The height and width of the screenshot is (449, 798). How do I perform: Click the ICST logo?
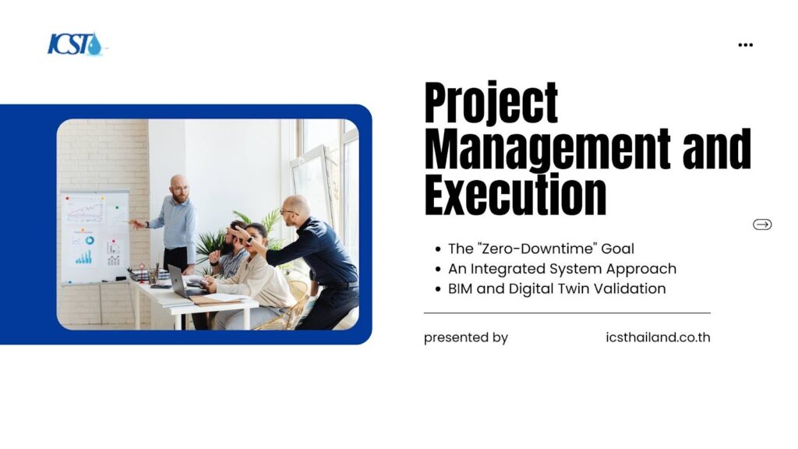(x=76, y=44)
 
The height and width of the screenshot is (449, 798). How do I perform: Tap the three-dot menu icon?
(x=745, y=44)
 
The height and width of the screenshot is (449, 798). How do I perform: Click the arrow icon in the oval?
(x=762, y=224)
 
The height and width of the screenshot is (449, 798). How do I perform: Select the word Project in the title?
(x=491, y=104)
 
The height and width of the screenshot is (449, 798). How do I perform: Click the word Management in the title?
(x=547, y=149)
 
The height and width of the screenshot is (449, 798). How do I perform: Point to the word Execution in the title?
(x=515, y=194)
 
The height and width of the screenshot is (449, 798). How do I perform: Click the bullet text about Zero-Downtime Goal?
(x=541, y=249)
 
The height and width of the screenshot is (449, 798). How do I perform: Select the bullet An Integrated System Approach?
(x=563, y=269)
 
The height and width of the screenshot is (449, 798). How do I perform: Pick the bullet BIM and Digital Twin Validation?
(x=556, y=288)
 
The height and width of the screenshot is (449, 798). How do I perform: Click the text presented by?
(x=466, y=338)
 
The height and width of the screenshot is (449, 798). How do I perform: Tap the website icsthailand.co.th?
(x=658, y=337)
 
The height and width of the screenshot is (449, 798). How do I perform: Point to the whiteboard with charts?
(x=94, y=237)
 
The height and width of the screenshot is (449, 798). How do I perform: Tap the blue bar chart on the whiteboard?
(x=84, y=257)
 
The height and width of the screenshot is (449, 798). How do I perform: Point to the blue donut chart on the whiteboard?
(x=90, y=240)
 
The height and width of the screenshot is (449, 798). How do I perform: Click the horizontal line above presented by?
(x=567, y=313)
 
